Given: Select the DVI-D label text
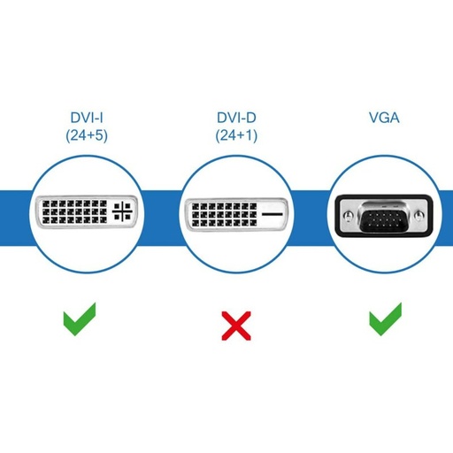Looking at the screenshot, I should tap(235, 117).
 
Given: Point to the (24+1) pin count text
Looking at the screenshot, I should tap(235, 135).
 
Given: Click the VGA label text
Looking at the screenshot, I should tap(385, 117).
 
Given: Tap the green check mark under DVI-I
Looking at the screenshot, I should tap(80, 318).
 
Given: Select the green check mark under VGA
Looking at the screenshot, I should tap(385, 318).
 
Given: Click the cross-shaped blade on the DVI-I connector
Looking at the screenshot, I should tap(124, 213).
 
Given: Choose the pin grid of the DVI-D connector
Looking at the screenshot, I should tap(221, 214).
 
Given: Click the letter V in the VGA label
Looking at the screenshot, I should tap(375, 117).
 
